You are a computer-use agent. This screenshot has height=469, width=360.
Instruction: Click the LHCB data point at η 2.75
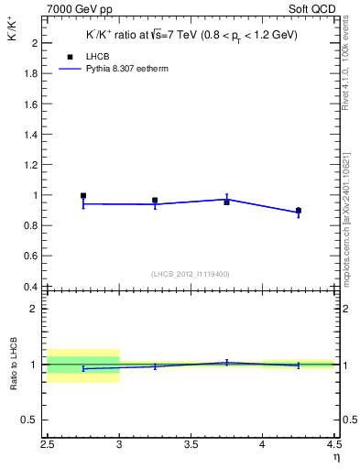(x=83, y=195)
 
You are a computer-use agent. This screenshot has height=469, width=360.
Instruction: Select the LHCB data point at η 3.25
(x=155, y=200)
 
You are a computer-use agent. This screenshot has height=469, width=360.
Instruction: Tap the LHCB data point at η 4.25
(x=298, y=211)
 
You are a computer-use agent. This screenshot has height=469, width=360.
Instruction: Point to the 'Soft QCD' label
(x=313, y=7)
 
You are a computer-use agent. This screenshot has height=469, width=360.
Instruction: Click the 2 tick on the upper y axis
(x=37, y=43)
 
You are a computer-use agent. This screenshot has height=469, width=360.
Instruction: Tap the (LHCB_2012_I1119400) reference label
(x=191, y=274)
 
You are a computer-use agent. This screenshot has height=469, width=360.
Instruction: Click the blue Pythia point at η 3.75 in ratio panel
(x=226, y=363)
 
